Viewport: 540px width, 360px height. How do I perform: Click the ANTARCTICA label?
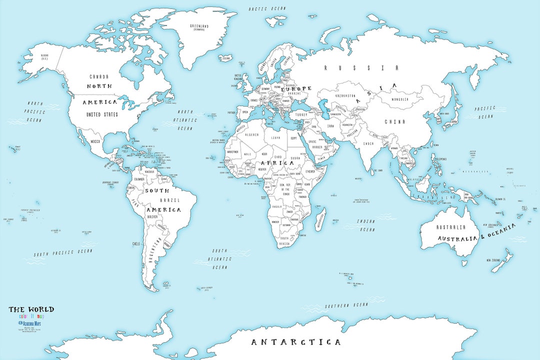[295, 342]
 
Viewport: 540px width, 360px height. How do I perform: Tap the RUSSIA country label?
[361, 68]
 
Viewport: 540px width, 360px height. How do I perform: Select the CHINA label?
[394, 121]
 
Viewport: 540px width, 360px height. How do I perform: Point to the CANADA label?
[99, 76]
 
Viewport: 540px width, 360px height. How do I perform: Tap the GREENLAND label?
[199, 26]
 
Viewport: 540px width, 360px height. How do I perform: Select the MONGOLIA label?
[396, 99]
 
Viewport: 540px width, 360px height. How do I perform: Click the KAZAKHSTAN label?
[345, 95]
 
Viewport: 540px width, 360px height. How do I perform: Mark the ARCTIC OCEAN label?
[267, 8]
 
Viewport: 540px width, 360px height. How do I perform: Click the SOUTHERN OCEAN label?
[346, 305]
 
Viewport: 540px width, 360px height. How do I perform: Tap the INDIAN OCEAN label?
[365, 225]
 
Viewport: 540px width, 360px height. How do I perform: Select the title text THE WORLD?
[31, 309]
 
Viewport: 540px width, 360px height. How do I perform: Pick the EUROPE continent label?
[295, 88]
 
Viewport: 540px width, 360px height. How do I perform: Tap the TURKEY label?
[301, 114]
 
